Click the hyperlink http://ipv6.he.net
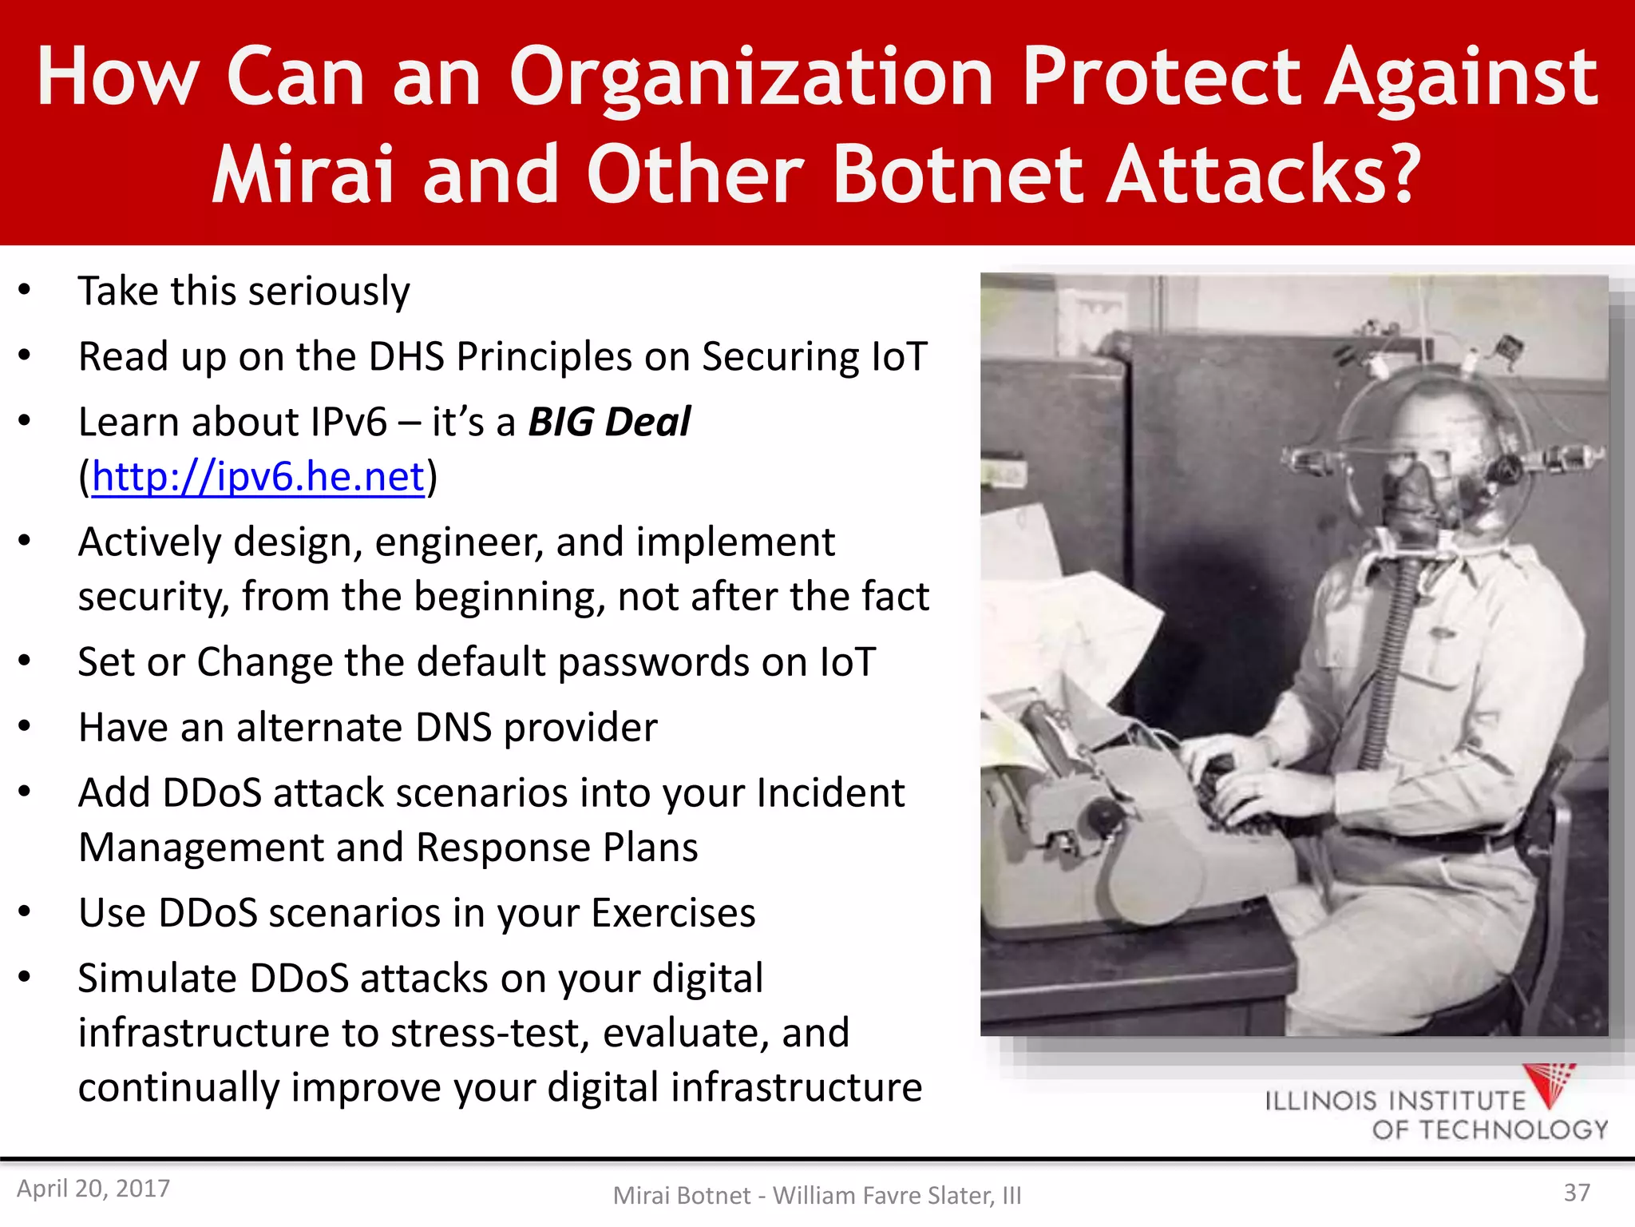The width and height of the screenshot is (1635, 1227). click(x=258, y=477)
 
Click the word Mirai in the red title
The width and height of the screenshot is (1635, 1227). click(x=303, y=174)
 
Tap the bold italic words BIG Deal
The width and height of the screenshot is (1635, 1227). click(x=609, y=422)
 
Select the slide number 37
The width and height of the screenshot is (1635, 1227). click(x=1576, y=1193)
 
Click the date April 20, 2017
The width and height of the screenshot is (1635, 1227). click(x=93, y=1189)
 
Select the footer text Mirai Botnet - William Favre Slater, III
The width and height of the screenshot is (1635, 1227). click(x=817, y=1195)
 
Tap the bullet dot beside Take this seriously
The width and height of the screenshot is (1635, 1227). click(x=25, y=289)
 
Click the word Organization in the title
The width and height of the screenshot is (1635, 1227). click(x=750, y=77)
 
